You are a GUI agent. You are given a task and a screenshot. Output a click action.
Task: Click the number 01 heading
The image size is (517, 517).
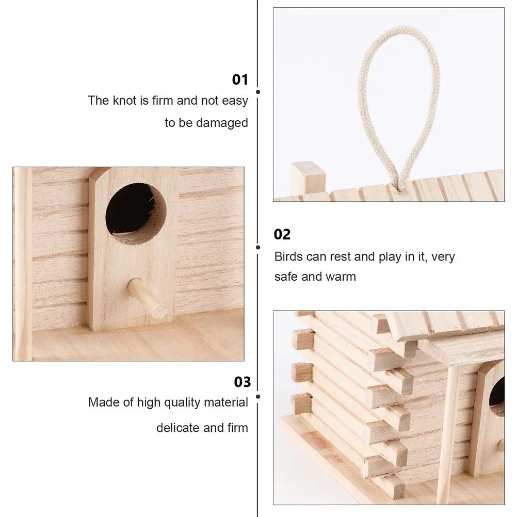[240, 79]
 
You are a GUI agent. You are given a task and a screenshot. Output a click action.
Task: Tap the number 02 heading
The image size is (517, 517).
[282, 234]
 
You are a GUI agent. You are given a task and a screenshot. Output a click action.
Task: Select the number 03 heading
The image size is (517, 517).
[242, 382]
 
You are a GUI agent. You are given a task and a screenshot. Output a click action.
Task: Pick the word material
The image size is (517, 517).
[225, 402]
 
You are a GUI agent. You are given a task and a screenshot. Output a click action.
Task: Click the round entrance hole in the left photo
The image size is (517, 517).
[136, 207]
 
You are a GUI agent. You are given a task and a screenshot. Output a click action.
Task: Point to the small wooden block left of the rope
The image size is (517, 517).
[308, 177]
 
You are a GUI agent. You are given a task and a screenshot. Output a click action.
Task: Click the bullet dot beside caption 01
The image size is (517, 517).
[258, 92]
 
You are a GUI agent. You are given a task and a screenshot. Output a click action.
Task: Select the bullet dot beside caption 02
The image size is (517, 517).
[258, 247]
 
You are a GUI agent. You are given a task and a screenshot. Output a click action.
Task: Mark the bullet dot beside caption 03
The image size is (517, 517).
[258, 396]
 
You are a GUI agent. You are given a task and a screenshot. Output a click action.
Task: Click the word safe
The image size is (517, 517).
[286, 276]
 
